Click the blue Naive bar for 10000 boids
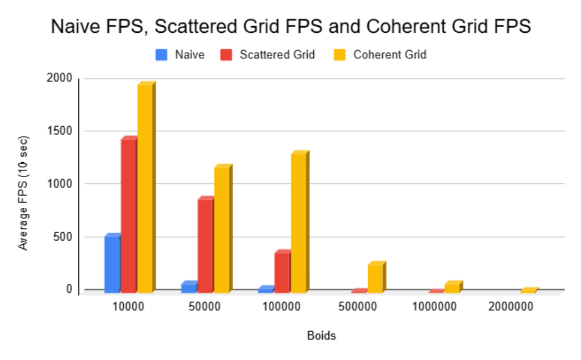coord(112,264)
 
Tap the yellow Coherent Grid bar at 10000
coord(145,188)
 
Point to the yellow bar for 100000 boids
coord(298,223)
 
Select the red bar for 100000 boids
coord(282,272)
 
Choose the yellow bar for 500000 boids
coord(375,278)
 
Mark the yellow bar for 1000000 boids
coord(452,287)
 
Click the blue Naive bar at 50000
coord(189,287)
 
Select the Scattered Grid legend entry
coord(269,55)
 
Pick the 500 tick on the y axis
coord(63,237)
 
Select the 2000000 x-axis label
coord(514,306)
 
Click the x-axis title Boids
coord(321,336)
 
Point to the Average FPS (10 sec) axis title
coord(23,193)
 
